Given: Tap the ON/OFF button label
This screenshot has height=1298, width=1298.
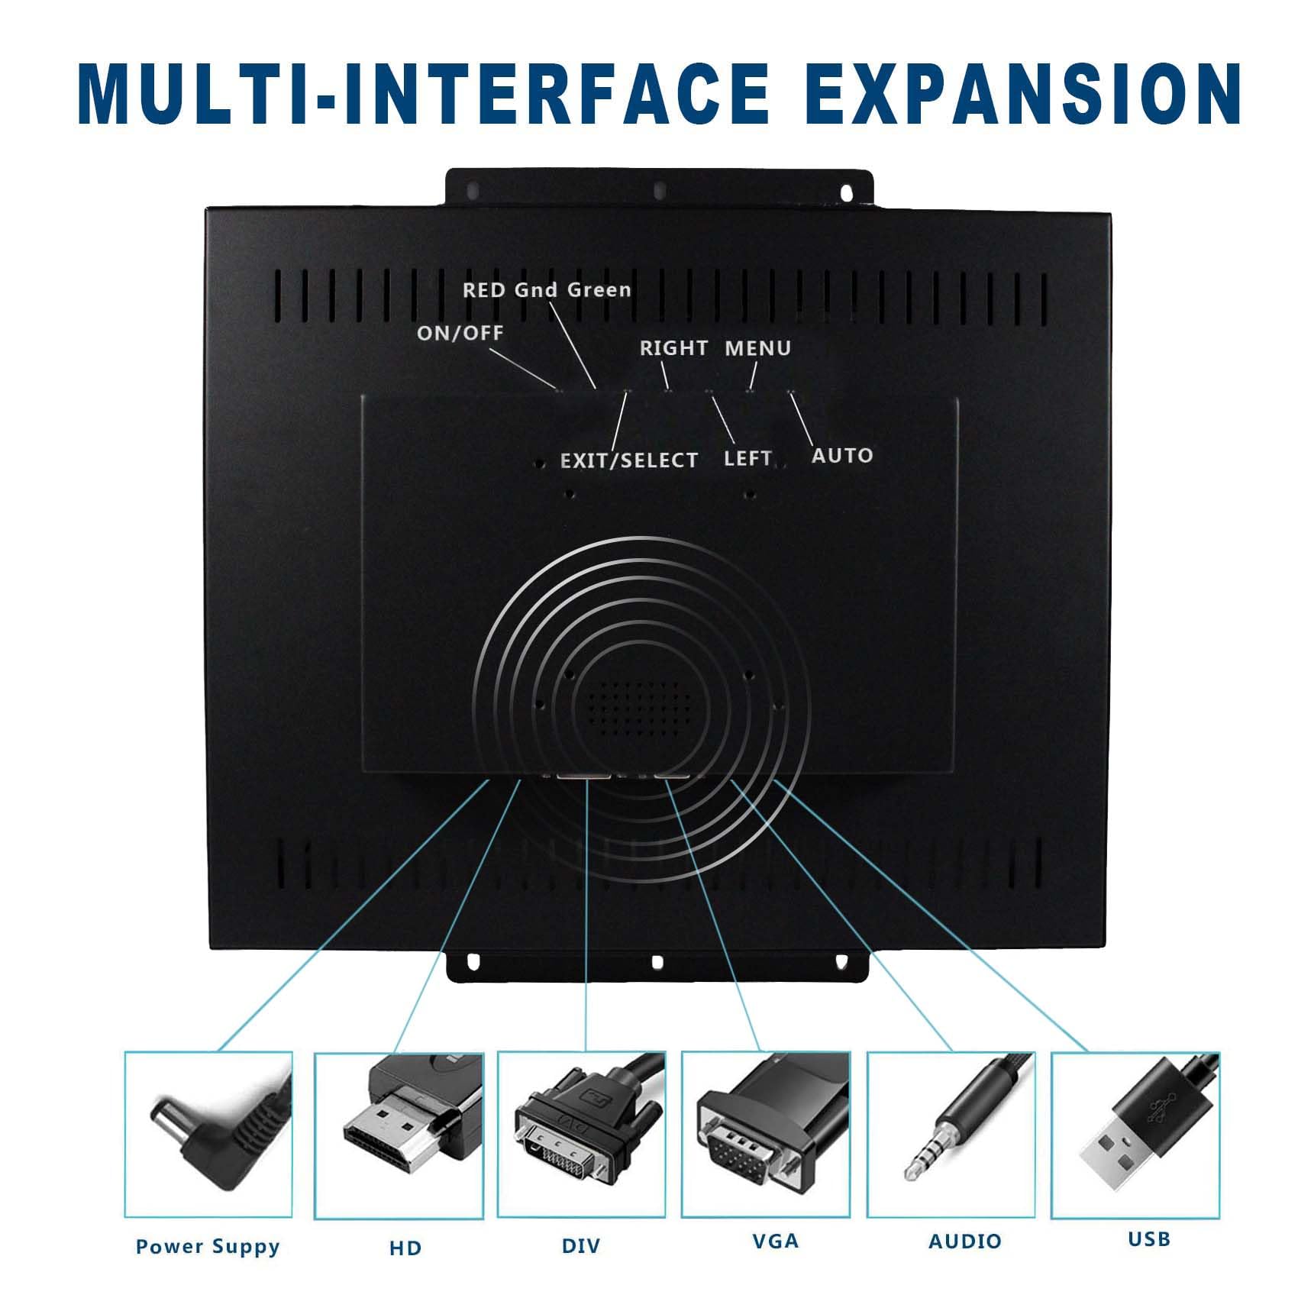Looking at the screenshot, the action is [460, 333].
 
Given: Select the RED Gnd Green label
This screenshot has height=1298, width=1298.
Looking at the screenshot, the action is [547, 290].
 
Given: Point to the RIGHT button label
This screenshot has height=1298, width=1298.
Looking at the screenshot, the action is [674, 348].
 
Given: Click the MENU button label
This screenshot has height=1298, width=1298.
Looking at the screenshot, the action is [758, 348].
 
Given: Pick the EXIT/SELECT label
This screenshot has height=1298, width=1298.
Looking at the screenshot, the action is [629, 460].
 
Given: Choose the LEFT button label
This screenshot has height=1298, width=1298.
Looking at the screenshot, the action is [747, 458].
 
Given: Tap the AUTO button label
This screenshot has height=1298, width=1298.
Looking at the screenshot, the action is [842, 456].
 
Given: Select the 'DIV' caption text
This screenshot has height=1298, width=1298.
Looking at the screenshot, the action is [581, 1246].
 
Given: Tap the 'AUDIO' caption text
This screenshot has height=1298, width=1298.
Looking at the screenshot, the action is [965, 1241].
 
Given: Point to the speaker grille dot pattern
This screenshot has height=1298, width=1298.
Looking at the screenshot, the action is [633, 708].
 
